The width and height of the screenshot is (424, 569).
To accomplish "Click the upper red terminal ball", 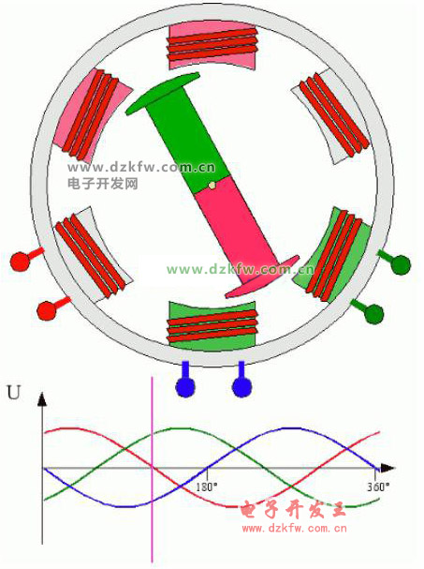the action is (x=20, y=262).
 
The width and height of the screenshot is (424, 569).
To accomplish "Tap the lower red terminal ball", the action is (x=47, y=310).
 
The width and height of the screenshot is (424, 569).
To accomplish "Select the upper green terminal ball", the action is (x=401, y=264).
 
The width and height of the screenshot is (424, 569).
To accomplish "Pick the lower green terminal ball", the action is (x=373, y=314).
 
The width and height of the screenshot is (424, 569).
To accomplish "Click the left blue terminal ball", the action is (x=185, y=387).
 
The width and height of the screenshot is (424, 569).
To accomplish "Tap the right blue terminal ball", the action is (x=241, y=387).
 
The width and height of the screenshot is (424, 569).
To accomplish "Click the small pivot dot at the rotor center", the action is (x=212, y=186).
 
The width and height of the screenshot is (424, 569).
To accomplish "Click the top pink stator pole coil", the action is (x=212, y=46).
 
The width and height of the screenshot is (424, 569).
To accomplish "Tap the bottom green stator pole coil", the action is (x=212, y=326).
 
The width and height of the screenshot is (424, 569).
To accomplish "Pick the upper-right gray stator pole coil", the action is (x=331, y=115).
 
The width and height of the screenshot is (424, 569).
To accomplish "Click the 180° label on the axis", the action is (x=207, y=487).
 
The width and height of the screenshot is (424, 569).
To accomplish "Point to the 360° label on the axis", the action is (x=378, y=487).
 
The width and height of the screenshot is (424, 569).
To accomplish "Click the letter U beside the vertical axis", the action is (x=14, y=393).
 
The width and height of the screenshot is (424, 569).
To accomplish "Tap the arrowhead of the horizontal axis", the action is (x=387, y=468).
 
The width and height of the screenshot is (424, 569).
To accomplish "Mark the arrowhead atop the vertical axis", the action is (x=42, y=398).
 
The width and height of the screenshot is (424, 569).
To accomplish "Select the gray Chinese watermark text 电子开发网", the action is (x=103, y=183).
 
